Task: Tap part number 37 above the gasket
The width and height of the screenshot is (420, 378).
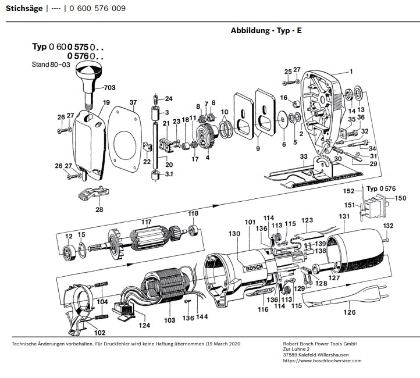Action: (133, 103)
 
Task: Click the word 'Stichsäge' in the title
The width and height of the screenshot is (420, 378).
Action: (24, 9)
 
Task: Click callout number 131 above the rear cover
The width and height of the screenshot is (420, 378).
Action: (344, 216)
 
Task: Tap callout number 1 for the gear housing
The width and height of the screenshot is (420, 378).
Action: (351, 72)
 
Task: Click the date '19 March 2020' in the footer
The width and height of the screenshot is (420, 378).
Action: (223, 344)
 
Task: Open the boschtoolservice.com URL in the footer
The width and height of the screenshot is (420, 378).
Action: (322, 361)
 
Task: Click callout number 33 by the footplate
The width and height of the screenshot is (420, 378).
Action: (303, 157)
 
